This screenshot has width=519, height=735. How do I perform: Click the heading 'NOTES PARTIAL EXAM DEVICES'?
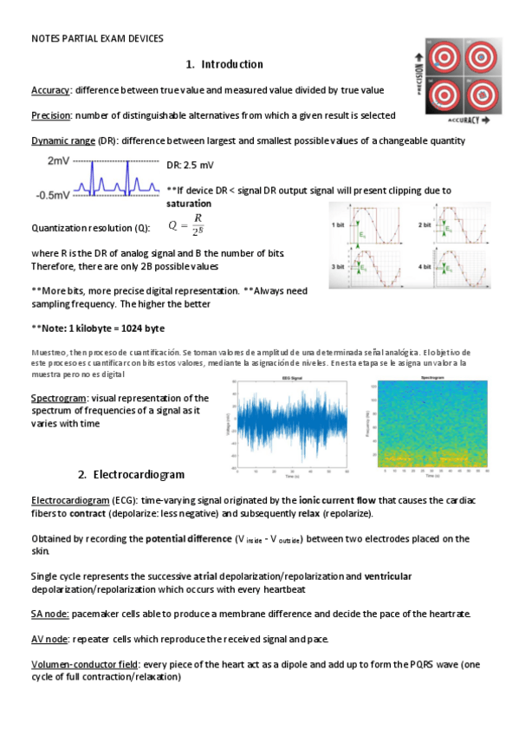97,38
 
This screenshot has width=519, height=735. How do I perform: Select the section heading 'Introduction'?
231,64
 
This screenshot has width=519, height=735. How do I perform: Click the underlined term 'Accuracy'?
50,90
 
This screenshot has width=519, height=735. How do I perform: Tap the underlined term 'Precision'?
51,115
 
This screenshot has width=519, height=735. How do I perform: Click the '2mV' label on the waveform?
59,162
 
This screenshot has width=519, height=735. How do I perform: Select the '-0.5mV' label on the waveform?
53,195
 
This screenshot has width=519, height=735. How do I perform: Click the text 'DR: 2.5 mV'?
190,165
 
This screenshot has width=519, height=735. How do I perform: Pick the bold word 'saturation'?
188,204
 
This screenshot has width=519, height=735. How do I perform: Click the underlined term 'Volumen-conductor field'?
85,665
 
